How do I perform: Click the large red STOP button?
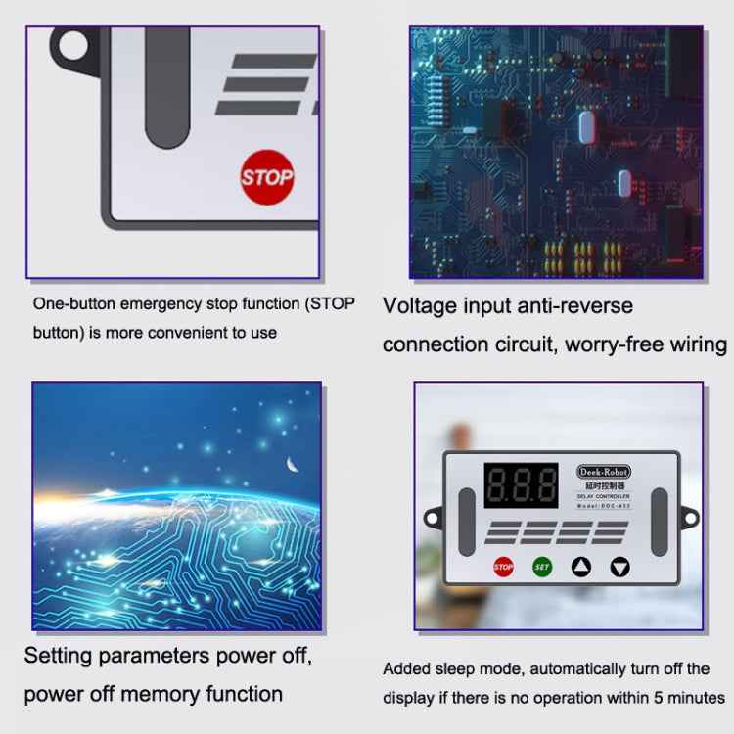266,177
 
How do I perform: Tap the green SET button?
542,566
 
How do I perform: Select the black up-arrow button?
581,566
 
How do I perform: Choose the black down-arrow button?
620,566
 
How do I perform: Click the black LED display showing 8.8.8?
521,484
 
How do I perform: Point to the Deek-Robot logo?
604,471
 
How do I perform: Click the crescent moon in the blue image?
291,465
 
